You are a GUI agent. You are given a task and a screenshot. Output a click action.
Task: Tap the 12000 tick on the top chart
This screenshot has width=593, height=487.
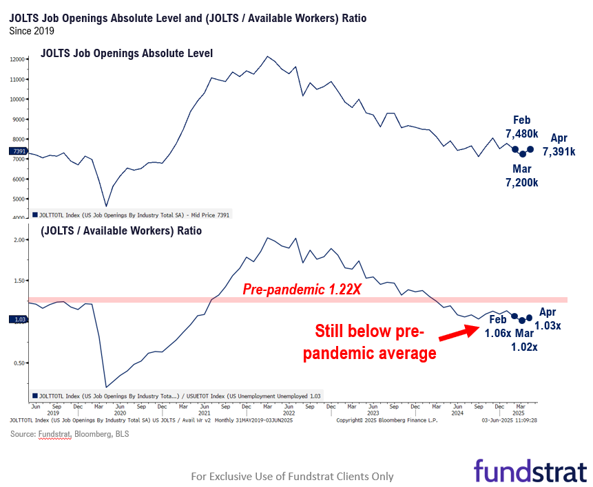pyautogui.click(x=17, y=60)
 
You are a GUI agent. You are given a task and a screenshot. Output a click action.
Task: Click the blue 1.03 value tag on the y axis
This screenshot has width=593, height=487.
pyautogui.click(x=17, y=319)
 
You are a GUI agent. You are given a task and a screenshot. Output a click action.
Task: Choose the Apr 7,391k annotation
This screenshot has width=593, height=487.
pyautogui.click(x=559, y=144)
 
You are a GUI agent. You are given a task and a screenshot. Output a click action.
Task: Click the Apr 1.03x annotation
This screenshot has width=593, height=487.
pyautogui.click(x=548, y=318)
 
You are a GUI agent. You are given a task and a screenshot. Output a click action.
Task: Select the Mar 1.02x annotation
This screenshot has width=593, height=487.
pyautogui.click(x=524, y=341)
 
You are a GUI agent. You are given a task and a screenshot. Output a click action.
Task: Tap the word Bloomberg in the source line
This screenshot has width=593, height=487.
pyautogui.click(x=84, y=434)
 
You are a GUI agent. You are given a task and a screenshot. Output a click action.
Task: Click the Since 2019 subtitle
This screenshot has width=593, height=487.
pyautogui.click(x=32, y=31)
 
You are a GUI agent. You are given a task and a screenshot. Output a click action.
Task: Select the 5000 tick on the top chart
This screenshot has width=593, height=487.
pyautogui.click(x=19, y=199)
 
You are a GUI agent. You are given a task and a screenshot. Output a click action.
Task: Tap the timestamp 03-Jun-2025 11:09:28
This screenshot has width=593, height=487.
pyautogui.click(x=510, y=420)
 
